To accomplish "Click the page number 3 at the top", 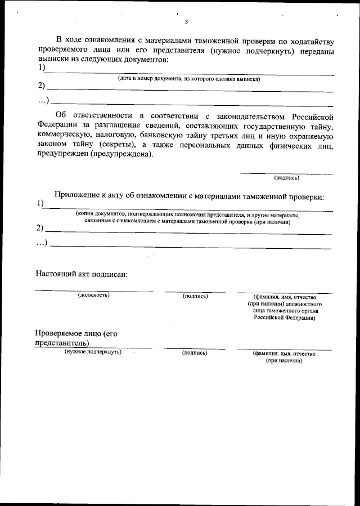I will pyautogui.click(x=186, y=22).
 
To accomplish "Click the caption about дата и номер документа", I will pyautogui.click(x=188, y=79).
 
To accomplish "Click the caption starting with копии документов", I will pyautogui.click(x=188, y=215).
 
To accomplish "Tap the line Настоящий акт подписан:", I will pyautogui.click(x=82, y=274).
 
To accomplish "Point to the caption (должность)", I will pyautogui.click(x=93, y=295).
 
